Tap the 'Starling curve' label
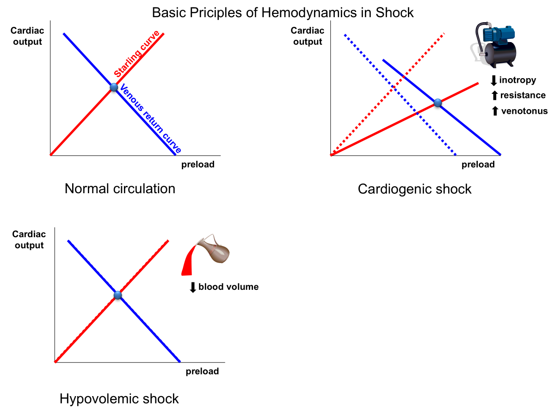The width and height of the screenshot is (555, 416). pos(137,54)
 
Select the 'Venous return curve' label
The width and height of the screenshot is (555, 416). pos(149,119)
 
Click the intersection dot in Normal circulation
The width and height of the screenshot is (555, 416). pos(114,87)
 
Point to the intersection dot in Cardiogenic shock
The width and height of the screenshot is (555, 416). pos(438,103)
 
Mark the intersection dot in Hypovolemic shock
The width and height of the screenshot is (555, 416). pos(117,295)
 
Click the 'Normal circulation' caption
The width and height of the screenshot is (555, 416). pos(120,189)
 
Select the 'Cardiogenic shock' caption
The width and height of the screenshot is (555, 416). pos(414,189)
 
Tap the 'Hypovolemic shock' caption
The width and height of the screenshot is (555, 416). pos(119,399)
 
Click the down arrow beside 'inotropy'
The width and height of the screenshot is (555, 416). pos(493,80)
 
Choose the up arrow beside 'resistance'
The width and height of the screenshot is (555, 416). pos(494,96)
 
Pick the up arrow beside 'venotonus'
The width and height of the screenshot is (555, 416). pos(494,111)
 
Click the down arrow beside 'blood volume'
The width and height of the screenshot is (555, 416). pos(193,287)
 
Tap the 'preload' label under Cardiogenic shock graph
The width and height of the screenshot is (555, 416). pos(478,165)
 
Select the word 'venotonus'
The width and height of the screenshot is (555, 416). pos(524,111)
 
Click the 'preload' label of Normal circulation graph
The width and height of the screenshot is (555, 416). pos(197,165)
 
